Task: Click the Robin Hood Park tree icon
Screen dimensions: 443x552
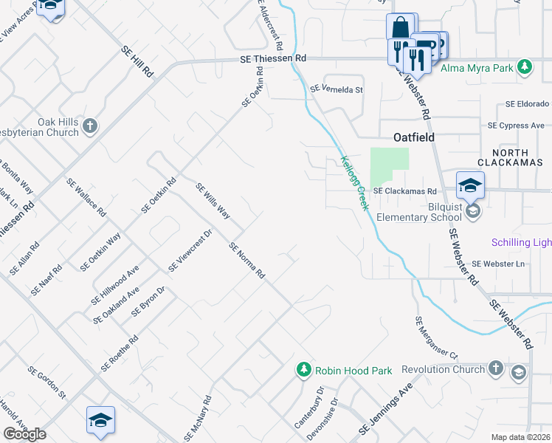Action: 303,369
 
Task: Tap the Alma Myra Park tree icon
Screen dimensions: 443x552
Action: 525,68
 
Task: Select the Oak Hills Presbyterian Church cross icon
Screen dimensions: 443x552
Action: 90,126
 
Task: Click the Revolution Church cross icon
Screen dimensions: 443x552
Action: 496,368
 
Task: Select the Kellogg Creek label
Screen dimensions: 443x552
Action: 354,182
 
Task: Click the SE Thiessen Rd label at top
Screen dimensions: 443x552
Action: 272,58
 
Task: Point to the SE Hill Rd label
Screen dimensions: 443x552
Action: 138,62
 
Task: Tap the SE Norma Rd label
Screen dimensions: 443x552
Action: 246,261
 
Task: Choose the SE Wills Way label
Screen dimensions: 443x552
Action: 213,202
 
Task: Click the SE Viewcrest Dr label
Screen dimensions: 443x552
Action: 190,251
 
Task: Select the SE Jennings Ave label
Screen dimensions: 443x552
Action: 384,408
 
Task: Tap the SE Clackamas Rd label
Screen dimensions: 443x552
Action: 405,190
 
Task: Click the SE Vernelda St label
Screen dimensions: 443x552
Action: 337,89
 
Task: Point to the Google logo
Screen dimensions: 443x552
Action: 24,434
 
